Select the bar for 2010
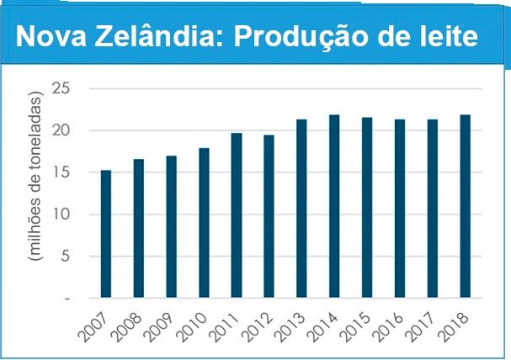[204, 223]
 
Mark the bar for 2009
[171, 226]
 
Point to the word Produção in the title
[305, 38]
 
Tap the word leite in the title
[453, 38]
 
